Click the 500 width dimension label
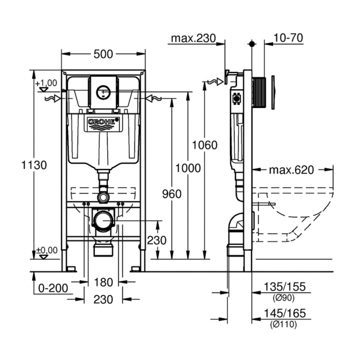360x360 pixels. [103, 54]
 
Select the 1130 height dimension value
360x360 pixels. [34, 164]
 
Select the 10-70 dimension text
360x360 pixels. [288, 39]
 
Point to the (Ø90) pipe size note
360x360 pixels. [282, 296]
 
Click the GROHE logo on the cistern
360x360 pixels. [103, 122]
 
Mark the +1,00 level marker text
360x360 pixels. [47, 83]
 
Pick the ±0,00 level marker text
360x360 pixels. [47, 250]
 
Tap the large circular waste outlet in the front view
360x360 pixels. [103, 222]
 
